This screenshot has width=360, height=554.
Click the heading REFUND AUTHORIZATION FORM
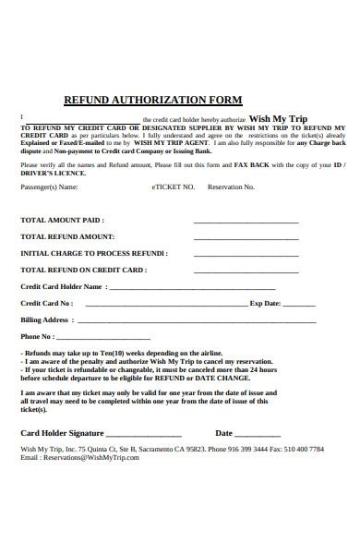[x=151, y=99]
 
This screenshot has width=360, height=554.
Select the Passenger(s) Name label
[x=50, y=187]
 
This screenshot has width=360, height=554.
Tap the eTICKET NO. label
[x=173, y=187]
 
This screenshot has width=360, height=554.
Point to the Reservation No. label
[x=230, y=187]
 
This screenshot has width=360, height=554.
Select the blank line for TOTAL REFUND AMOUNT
[x=246, y=236]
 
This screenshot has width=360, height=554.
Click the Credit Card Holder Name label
[x=61, y=286]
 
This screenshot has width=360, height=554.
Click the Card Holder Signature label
[x=63, y=432]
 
